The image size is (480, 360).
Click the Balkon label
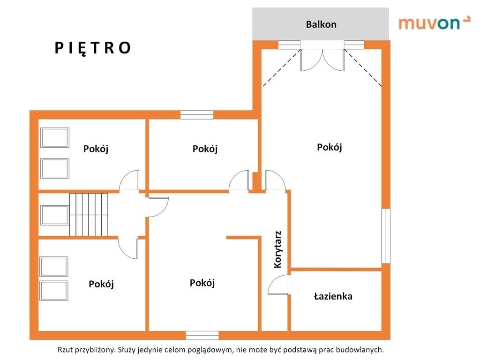point(321,24)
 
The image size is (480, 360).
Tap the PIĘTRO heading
point(93,48)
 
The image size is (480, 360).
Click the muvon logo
point(434,23)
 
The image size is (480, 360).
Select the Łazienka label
point(333,296)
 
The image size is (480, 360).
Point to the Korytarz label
point(277,249)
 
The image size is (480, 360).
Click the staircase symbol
point(89,215)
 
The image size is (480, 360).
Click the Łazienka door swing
point(278,285)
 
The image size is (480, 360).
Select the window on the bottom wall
point(202,335)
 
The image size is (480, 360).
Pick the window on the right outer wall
point(386,236)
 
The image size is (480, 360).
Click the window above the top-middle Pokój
point(197,115)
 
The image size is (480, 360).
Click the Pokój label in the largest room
point(330,148)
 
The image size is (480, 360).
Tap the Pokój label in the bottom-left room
point(101,284)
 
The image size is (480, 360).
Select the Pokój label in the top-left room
point(96,149)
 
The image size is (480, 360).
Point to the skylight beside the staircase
point(55,215)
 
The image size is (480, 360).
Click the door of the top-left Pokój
point(129,180)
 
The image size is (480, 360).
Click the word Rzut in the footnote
point(65,350)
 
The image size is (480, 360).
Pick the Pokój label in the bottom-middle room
point(202,283)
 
